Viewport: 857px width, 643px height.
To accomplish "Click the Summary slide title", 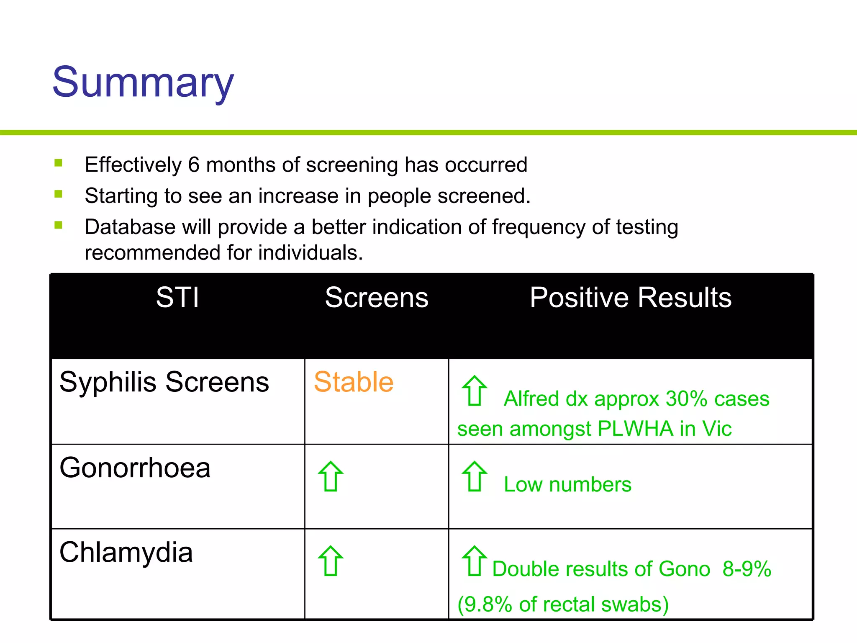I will (143, 82).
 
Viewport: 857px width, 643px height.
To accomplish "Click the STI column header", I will (177, 298).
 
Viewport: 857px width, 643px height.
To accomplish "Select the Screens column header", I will (377, 298).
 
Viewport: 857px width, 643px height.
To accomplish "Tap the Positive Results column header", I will (631, 298).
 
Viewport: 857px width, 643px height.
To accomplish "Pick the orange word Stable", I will (354, 382).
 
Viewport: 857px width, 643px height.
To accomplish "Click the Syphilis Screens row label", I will (164, 382).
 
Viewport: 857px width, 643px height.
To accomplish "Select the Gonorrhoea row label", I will (135, 468).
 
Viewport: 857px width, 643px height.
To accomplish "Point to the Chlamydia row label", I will (126, 552).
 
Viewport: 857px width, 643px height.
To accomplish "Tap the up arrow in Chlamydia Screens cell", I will (331, 561).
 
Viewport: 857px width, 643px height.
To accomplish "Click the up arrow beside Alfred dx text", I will (474, 391).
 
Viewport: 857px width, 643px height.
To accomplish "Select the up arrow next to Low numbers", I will (474, 476).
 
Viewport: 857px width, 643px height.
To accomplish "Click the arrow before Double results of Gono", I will (474, 561).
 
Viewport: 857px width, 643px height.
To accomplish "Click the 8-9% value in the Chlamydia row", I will (747, 569).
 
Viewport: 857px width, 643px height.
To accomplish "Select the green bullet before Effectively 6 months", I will (59, 163).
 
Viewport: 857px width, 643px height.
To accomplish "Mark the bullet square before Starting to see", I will (59, 194).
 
